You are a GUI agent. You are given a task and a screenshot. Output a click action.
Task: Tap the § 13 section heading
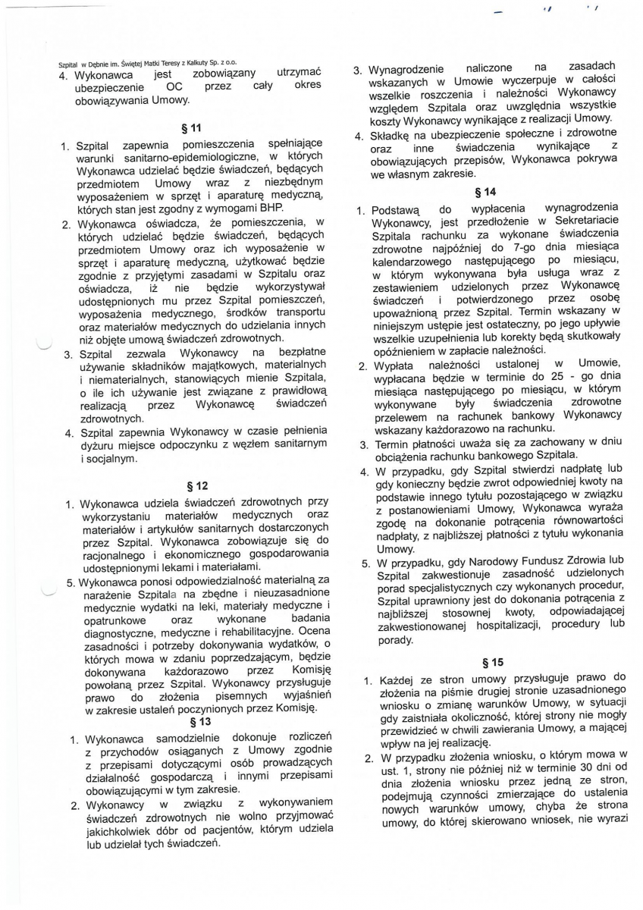(x=199, y=722)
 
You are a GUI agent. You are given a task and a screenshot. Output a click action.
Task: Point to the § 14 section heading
(x=485, y=193)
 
